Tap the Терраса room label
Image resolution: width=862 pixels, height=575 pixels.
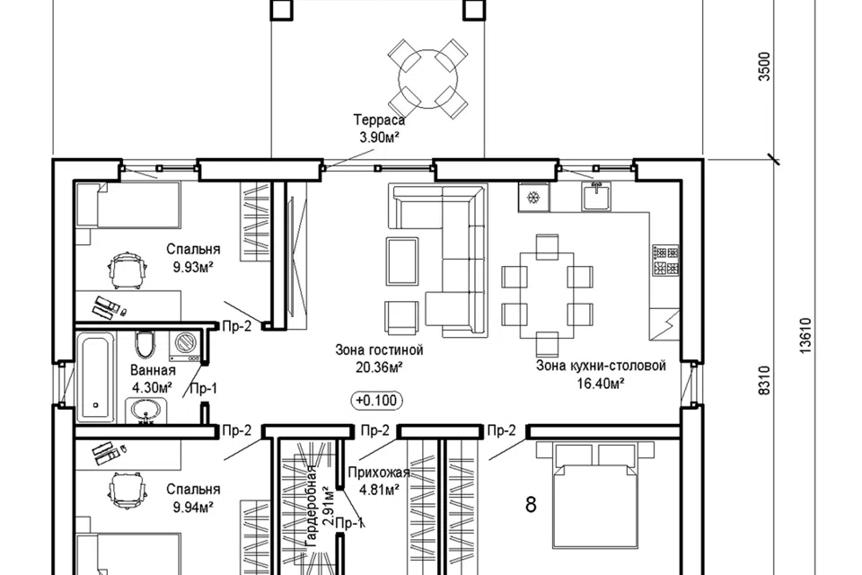(x=379, y=120)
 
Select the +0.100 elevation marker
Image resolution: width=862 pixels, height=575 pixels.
(x=376, y=400)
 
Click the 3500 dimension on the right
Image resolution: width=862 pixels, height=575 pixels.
(x=764, y=66)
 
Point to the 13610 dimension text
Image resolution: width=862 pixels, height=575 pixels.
(x=805, y=336)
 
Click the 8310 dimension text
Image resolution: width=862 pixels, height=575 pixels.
(x=764, y=380)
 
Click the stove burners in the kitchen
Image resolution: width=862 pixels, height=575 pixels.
(x=665, y=261)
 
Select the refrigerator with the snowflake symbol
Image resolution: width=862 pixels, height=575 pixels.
(x=533, y=197)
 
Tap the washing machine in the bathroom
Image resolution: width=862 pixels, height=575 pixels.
(x=185, y=346)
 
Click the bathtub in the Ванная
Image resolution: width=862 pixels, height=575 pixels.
(x=96, y=378)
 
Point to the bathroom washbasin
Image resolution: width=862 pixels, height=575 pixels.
(x=145, y=411)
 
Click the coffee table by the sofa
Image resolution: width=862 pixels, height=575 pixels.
(x=402, y=261)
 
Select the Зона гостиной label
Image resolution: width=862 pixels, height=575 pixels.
(x=379, y=350)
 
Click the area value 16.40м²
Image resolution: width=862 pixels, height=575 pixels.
(x=601, y=384)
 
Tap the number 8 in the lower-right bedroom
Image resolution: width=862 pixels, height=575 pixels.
(x=531, y=504)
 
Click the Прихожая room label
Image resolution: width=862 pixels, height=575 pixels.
(x=379, y=473)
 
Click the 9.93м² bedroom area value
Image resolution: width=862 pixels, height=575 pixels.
(x=193, y=268)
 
